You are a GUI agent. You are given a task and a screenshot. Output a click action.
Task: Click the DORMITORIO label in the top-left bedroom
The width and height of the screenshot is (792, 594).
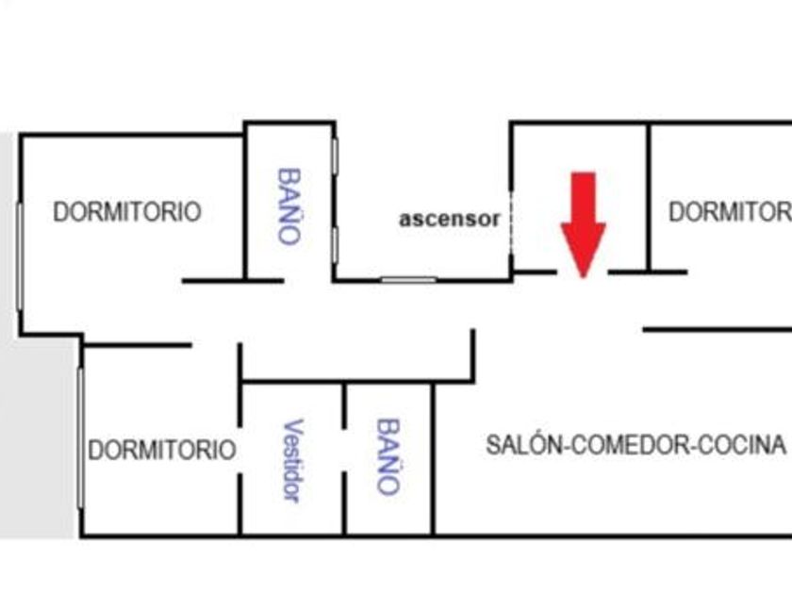click(x=126, y=211)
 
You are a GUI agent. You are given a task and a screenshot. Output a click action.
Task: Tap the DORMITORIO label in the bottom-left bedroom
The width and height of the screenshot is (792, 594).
click(x=161, y=450)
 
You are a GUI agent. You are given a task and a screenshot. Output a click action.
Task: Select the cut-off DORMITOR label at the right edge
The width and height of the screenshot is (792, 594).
click(x=729, y=211)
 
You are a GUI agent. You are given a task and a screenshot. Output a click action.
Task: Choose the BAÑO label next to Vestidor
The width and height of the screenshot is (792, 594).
click(x=388, y=456)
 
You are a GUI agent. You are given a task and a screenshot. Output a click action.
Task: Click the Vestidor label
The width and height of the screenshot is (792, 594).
click(x=292, y=459)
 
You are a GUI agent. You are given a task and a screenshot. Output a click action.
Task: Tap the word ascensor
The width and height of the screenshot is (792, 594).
click(x=449, y=219)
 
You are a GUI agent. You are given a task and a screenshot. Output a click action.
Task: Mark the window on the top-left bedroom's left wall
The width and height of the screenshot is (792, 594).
click(x=19, y=255)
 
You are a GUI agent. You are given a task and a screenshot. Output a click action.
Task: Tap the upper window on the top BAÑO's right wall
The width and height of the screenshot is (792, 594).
click(x=335, y=156)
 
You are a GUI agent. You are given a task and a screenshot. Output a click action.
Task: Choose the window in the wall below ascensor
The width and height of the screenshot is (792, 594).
click(x=408, y=279)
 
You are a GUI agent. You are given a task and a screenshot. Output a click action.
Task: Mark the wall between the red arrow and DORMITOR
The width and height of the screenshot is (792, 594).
click(x=649, y=198)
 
